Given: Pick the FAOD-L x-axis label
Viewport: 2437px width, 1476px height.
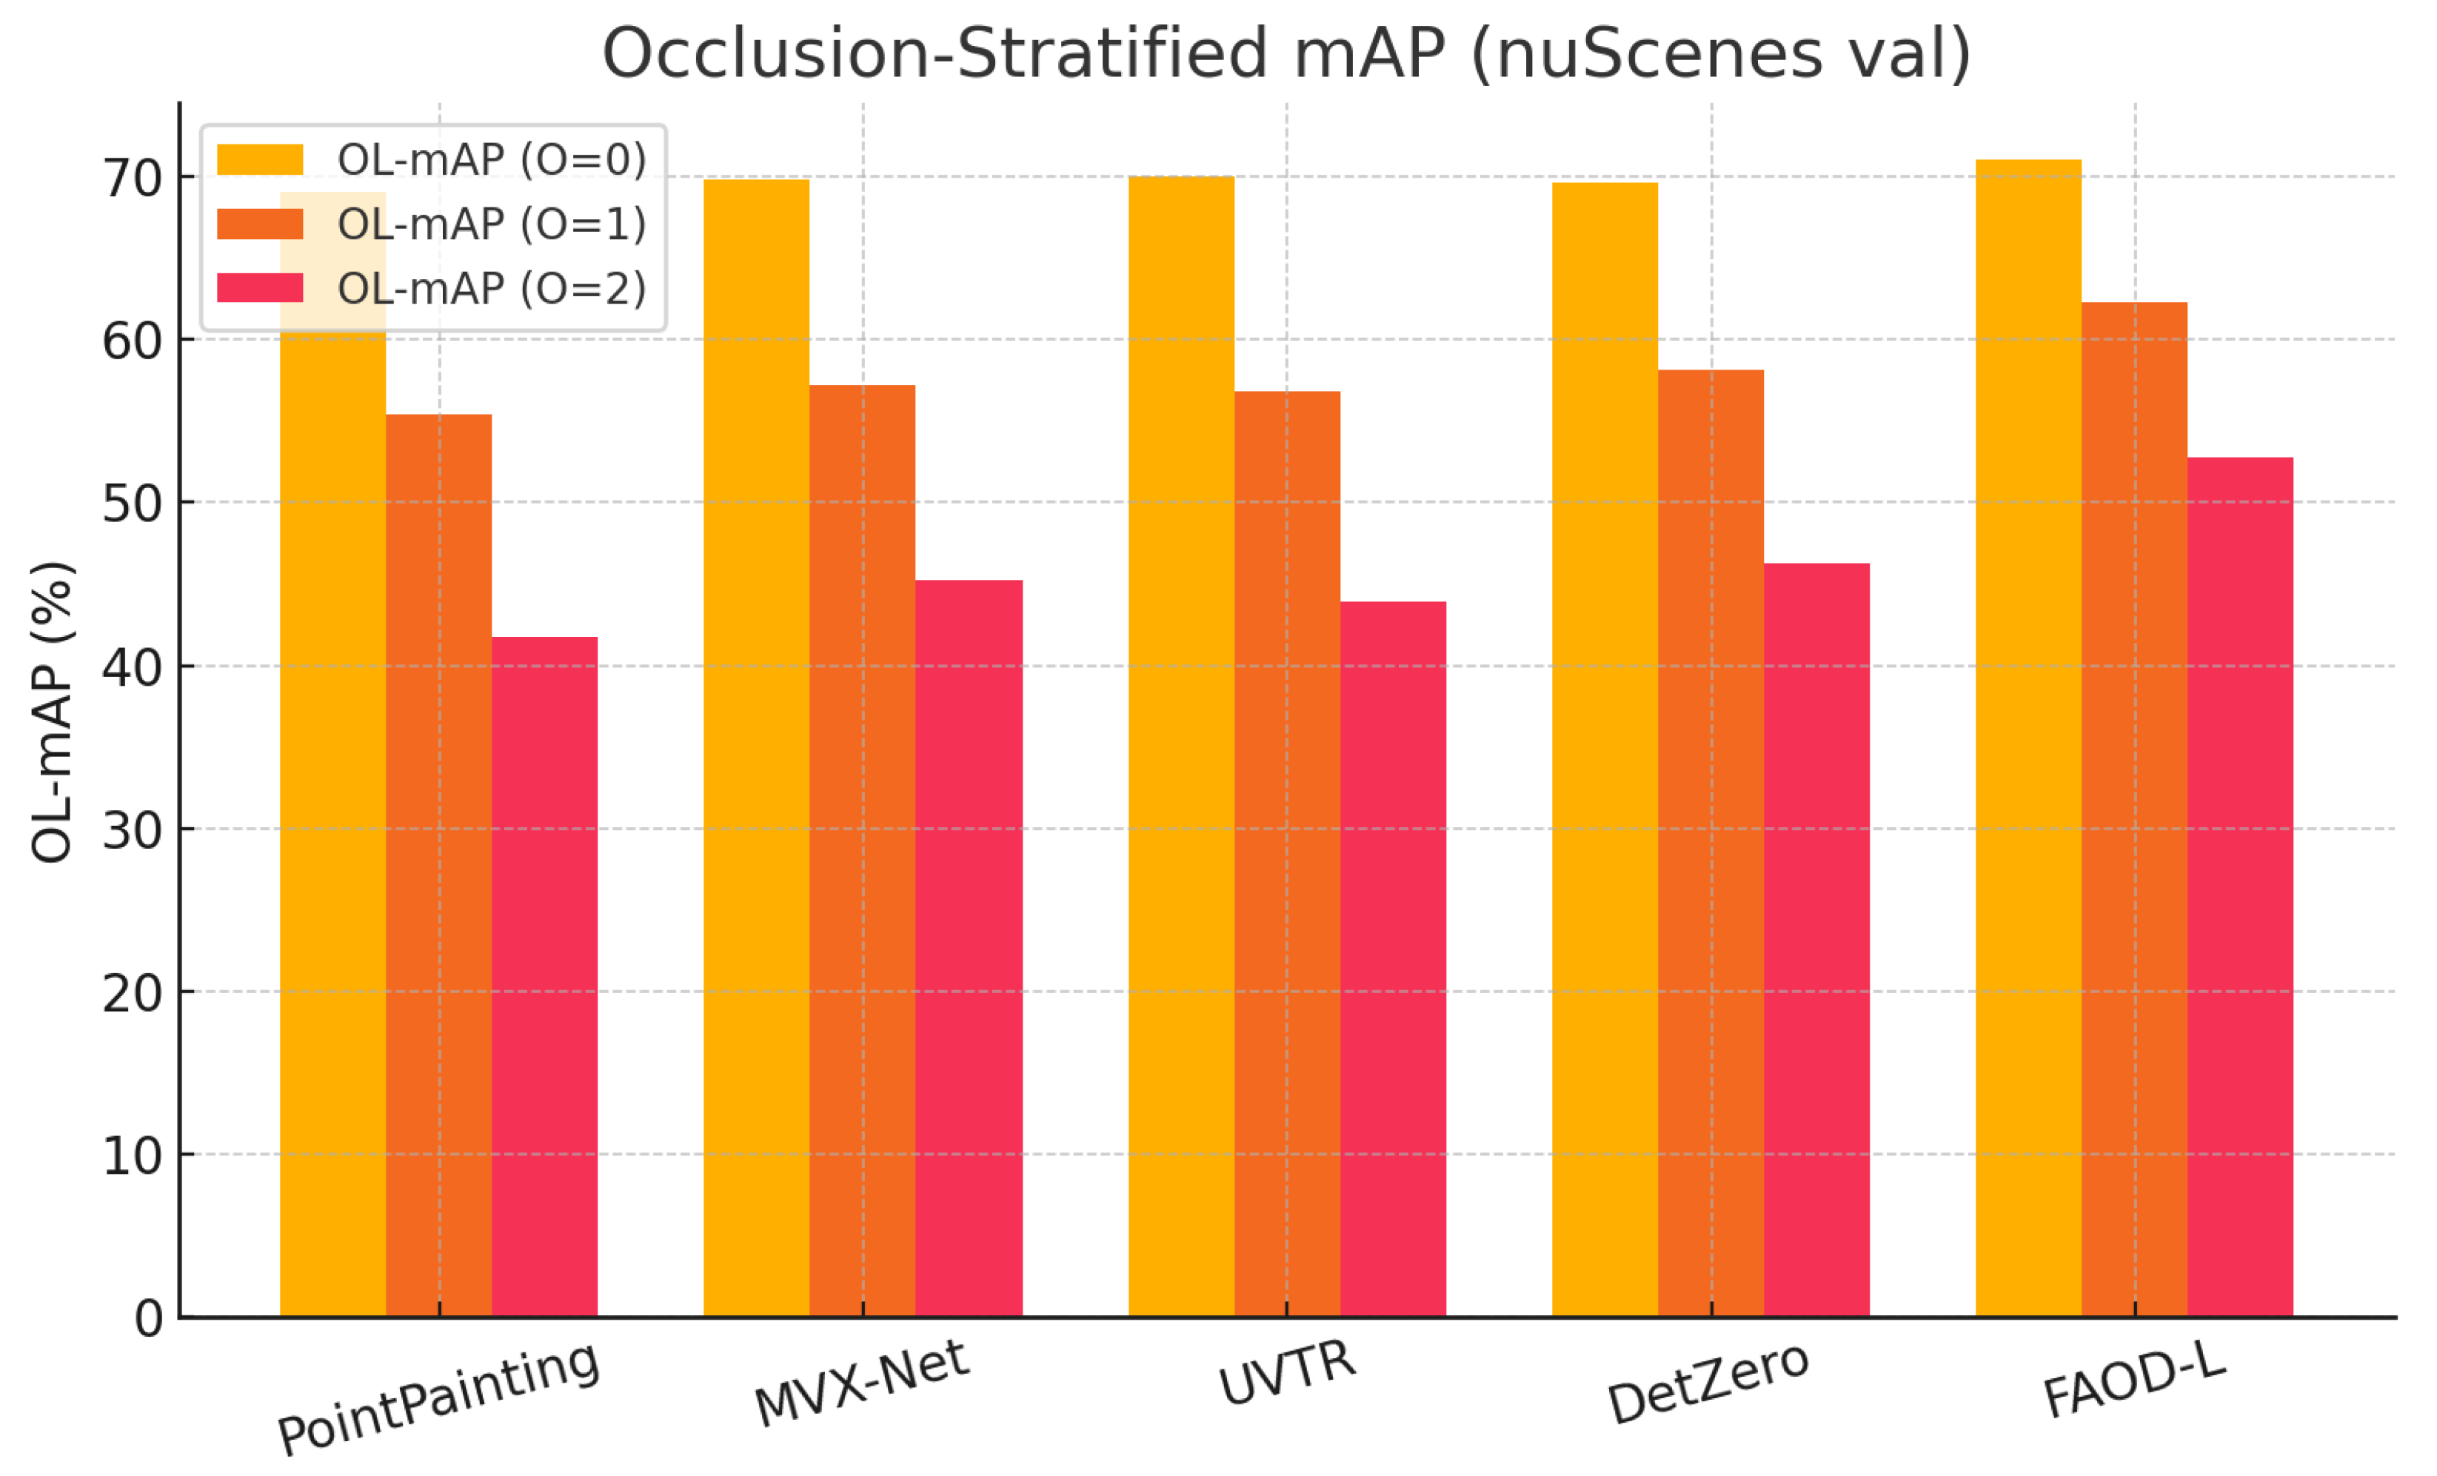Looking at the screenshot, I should (x=2133, y=1382).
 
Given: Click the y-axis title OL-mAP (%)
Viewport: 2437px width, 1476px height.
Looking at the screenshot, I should (x=51, y=712).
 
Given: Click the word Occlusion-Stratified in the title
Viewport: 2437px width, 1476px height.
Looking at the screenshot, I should (x=935, y=53).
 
